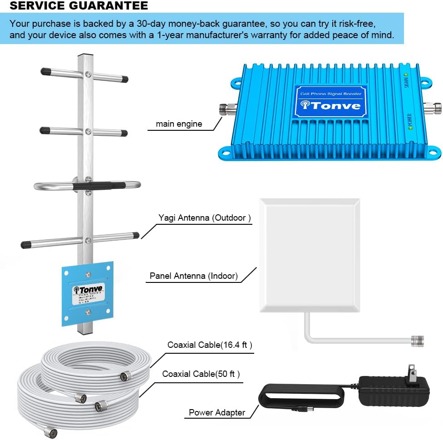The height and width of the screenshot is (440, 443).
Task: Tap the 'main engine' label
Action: (x=179, y=124)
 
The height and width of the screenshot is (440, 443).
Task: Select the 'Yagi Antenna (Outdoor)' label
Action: (x=205, y=218)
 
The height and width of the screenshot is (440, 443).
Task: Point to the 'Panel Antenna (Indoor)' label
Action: (x=194, y=276)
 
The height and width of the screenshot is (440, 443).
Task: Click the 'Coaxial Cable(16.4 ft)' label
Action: (x=210, y=345)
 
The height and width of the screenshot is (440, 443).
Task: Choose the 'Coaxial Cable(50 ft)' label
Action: (x=201, y=374)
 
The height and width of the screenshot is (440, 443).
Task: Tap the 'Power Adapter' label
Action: (x=217, y=413)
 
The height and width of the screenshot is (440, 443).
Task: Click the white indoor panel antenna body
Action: (x=309, y=255)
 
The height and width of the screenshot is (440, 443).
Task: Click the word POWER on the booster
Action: (x=409, y=119)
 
